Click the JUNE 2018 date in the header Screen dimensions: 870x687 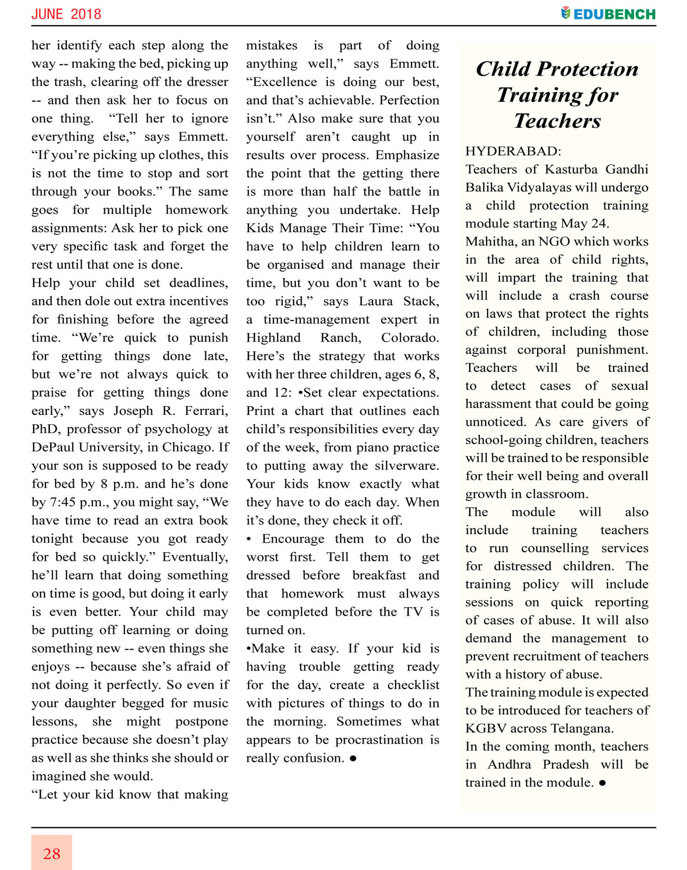click(66, 14)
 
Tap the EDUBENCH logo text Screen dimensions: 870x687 click(614, 14)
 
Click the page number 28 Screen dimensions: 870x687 click(52, 854)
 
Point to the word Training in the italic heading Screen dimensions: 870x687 click(531, 95)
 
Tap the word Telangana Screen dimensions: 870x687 click(581, 728)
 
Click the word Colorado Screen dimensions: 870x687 click(409, 337)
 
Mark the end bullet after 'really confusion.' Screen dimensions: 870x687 click(353, 758)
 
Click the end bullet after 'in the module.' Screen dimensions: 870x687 click(602, 783)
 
